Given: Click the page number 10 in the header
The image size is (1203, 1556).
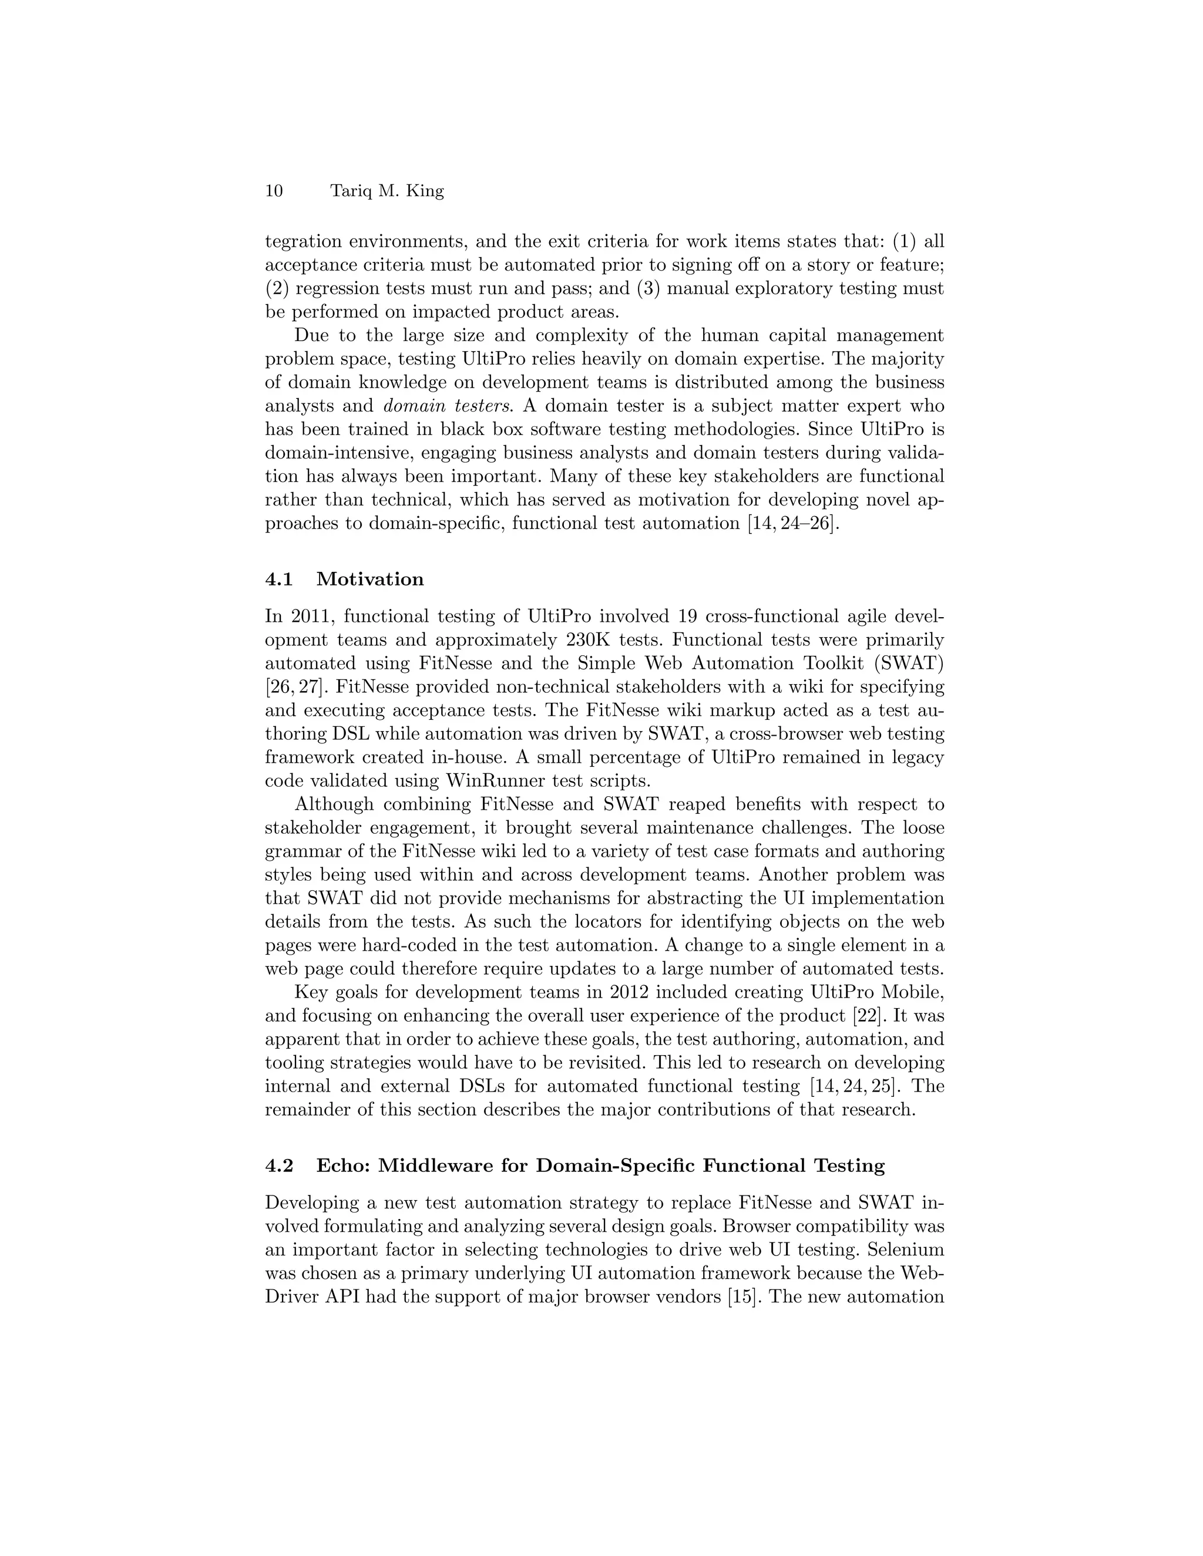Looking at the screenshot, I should tap(274, 191).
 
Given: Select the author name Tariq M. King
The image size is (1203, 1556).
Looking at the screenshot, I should tap(387, 191).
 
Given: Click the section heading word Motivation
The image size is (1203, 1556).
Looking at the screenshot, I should tap(370, 579).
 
